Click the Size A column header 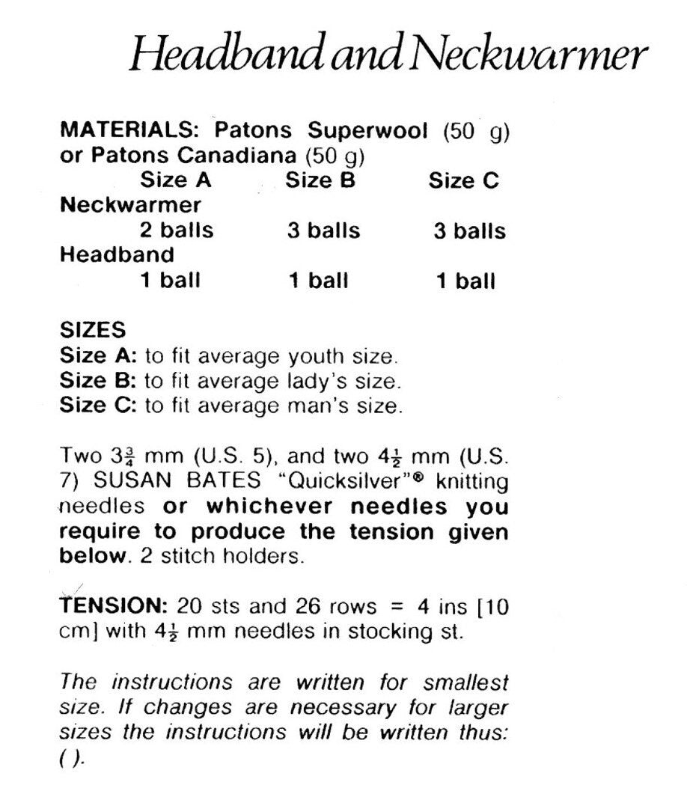pyautogui.click(x=175, y=180)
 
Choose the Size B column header pyautogui.click(x=320, y=180)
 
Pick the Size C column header pyautogui.click(x=463, y=180)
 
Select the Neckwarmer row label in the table pyautogui.click(x=129, y=205)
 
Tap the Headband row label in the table pyautogui.click(x=116, y=255)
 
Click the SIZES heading pyautogui.click(x=93, y=330)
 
